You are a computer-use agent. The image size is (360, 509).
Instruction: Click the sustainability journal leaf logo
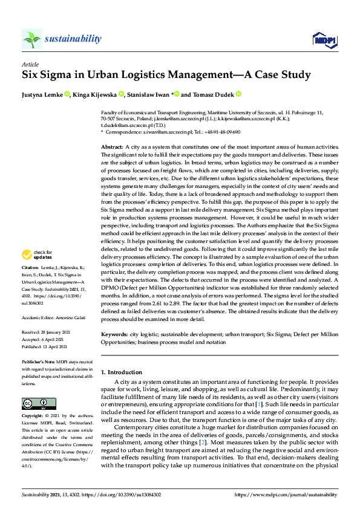(x=31, y=39)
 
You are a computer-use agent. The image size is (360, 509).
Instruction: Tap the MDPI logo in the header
(x=321, y=40)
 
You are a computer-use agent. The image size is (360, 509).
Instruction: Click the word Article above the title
(x=30, y=63)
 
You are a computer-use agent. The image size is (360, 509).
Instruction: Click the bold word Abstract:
(x=112, y=147)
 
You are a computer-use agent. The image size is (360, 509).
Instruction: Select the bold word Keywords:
(x=114, y=334)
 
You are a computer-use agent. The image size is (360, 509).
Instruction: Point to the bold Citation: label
(x=30, y=284)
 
